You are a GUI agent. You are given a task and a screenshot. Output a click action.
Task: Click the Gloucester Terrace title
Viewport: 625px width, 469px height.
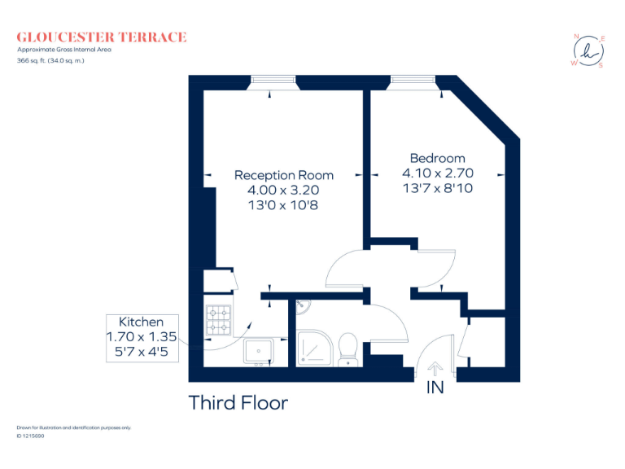pos(102,37)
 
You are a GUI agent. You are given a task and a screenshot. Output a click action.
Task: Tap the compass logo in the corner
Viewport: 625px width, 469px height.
pos(588,51)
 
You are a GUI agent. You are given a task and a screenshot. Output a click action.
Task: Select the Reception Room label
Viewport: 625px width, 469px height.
pos(283,175)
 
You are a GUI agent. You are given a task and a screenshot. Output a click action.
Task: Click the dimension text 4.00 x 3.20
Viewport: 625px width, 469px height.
pos(283,190)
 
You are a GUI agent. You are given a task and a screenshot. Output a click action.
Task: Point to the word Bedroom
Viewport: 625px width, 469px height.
pos(437,158)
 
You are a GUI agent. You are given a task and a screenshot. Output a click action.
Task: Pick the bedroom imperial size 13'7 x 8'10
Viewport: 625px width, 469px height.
pos(437,188)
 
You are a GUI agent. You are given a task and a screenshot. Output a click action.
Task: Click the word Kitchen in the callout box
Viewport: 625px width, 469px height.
pos(141,322)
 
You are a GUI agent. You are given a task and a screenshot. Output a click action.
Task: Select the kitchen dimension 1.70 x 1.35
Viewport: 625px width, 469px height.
pos(141,336)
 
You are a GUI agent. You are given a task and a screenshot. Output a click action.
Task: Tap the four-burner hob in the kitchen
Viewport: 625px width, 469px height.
pos(220,319)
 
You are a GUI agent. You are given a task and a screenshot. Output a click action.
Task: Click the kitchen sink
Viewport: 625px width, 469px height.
pos(262,351)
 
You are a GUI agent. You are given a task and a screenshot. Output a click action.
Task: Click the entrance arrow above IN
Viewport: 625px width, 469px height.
pos(435,370)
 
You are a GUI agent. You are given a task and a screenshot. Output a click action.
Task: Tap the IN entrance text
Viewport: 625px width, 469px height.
pos(435,388)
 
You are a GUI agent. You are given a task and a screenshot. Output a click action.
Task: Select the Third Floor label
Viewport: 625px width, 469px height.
pos(238,402)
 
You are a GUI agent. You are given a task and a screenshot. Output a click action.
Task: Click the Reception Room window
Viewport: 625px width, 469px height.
pos(273,81)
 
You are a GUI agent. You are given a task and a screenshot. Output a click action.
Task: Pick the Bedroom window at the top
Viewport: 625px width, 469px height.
pos(412,81)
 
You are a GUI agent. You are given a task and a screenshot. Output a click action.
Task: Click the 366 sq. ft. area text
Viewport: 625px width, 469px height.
pos(50,60)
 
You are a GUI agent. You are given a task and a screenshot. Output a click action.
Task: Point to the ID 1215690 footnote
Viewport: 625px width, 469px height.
pos(30,436)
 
